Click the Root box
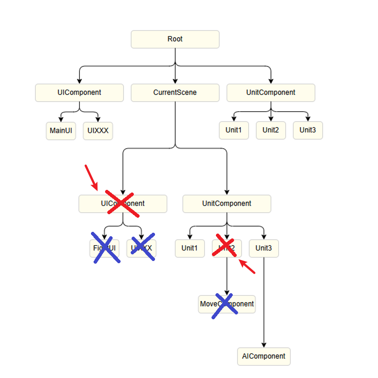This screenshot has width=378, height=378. click(175, 39)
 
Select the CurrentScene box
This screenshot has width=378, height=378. click(175, 93)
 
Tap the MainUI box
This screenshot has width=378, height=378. click(61, 131)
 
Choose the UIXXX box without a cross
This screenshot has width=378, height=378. click(98, 131)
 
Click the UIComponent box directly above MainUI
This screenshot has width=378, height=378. click(79, 93)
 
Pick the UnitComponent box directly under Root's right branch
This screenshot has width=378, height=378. click(271, 93)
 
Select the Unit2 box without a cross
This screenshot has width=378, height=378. click(271, 130)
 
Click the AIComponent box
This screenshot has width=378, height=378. click(264, 356)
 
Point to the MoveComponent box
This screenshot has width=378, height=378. click(227, 304)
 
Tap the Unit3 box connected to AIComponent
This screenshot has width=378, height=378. click(264, 248)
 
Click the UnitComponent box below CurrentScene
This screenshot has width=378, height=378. click(227, 204)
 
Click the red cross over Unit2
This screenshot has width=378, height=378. click(226, 248)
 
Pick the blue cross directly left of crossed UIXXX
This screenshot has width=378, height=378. click(106, 248)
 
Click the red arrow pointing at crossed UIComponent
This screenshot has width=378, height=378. click(91, 177)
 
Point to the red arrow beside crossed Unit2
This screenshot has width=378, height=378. click(247, 267)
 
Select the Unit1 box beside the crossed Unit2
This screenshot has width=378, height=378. click(189, 248)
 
